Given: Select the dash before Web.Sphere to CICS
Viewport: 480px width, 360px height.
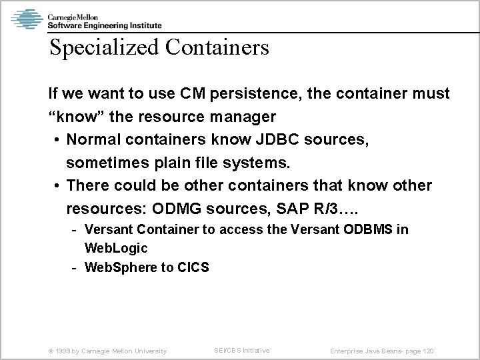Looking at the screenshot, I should click(75, 267).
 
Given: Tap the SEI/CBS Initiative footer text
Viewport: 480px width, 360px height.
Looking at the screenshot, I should click(242, 350).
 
